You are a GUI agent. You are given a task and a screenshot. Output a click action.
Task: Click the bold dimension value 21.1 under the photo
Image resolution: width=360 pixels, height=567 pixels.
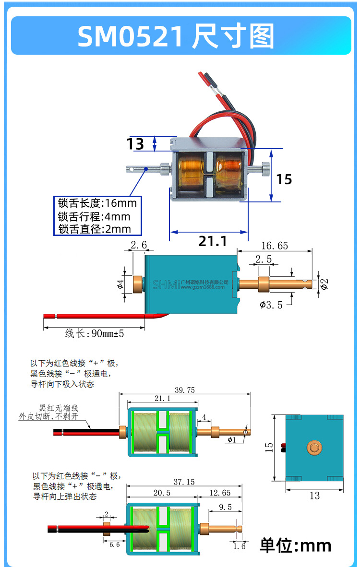(213, 241)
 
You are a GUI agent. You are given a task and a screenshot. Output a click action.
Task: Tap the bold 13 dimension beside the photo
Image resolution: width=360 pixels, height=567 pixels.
(135, 143)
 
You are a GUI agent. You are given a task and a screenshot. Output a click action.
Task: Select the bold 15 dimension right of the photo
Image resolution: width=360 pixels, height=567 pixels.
(284, 179)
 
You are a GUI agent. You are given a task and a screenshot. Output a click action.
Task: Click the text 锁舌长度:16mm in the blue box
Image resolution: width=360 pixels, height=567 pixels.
(97, 203)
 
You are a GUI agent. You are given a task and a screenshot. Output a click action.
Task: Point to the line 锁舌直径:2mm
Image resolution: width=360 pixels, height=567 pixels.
(95, 229)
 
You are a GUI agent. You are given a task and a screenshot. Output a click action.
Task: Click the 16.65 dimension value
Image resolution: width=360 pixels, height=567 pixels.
(275, 246)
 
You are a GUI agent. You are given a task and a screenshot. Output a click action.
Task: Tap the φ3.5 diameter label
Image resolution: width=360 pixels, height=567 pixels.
(271, 305)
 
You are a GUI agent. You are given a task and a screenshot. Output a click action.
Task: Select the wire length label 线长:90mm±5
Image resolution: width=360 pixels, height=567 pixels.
(95, 333)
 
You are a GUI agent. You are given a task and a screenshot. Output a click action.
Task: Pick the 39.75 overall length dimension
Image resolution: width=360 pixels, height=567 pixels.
(185, 390)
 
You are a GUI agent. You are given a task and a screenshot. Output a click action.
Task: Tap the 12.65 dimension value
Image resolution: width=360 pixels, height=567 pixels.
(220, 493)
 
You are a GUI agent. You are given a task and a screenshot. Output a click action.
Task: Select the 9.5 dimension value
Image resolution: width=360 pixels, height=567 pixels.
(224, 507)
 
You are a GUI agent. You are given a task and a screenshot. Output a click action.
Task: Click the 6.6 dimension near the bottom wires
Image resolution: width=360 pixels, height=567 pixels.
(114, 544)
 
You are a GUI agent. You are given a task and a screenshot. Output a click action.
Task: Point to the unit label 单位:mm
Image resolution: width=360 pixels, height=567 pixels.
(296, 545)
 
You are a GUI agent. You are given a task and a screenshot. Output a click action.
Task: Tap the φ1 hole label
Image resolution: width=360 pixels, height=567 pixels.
(232, 440)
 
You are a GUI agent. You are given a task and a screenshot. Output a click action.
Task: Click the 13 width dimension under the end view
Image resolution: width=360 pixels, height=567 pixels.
(314, 496)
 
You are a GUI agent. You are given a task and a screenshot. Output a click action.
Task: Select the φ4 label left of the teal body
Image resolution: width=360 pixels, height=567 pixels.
(120, 284)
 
